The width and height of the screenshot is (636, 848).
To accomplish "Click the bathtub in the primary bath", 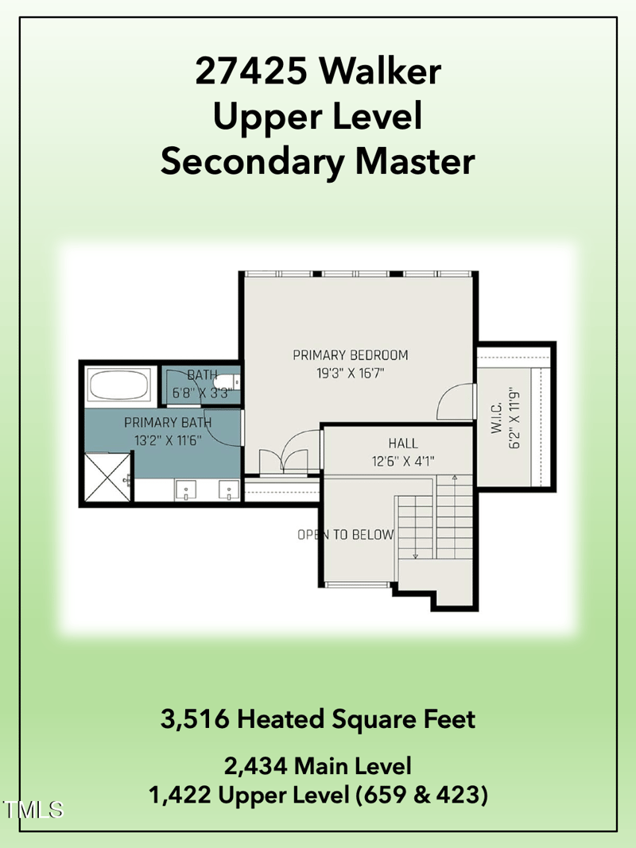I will click(118, 386).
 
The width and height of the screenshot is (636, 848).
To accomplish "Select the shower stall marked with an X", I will click(107, 476).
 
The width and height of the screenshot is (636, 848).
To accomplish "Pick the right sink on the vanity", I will click(229, 489).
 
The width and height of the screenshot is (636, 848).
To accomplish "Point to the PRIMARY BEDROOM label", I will click(350, 355).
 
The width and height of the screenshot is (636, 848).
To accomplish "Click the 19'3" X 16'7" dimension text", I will click(350, 372).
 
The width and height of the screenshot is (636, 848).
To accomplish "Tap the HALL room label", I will click(403, 443).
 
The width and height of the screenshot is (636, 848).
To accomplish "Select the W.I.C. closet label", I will click(496, 416).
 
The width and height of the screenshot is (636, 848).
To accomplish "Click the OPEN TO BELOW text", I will click(345, 535).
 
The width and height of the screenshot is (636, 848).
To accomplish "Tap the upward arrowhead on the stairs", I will click(454, 478).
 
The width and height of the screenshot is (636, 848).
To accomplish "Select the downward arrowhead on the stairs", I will click(414, 556).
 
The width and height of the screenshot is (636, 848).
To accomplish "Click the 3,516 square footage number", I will click(195, 720).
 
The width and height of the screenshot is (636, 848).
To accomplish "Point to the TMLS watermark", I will click(33, 811).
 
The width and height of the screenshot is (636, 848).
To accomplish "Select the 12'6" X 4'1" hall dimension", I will click(403, 460).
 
